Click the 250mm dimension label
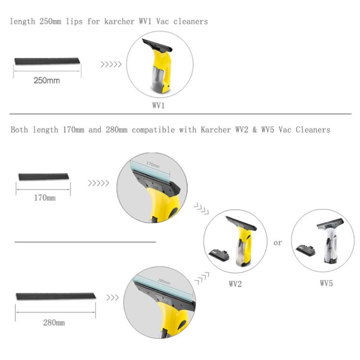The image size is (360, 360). pyautogui.click(x=47, y=80)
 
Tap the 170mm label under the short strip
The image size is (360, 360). pyautogui.click(x=44, y=198)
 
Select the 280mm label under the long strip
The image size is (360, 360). pyautogui.click(x=53, y=323)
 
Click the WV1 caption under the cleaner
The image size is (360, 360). pyautogui.click(x=159, y=106)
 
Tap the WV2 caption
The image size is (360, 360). pyautogui.click(x=235, y=284)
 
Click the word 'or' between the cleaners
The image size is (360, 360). pyautogui.click(x=278, y=243)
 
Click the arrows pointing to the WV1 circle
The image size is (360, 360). pyautogui.click(x=111, y=63)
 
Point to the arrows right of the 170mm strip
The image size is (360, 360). pyautogui.click(x=98, y=183)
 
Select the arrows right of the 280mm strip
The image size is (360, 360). pyautogui.click(x=112, y=298)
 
